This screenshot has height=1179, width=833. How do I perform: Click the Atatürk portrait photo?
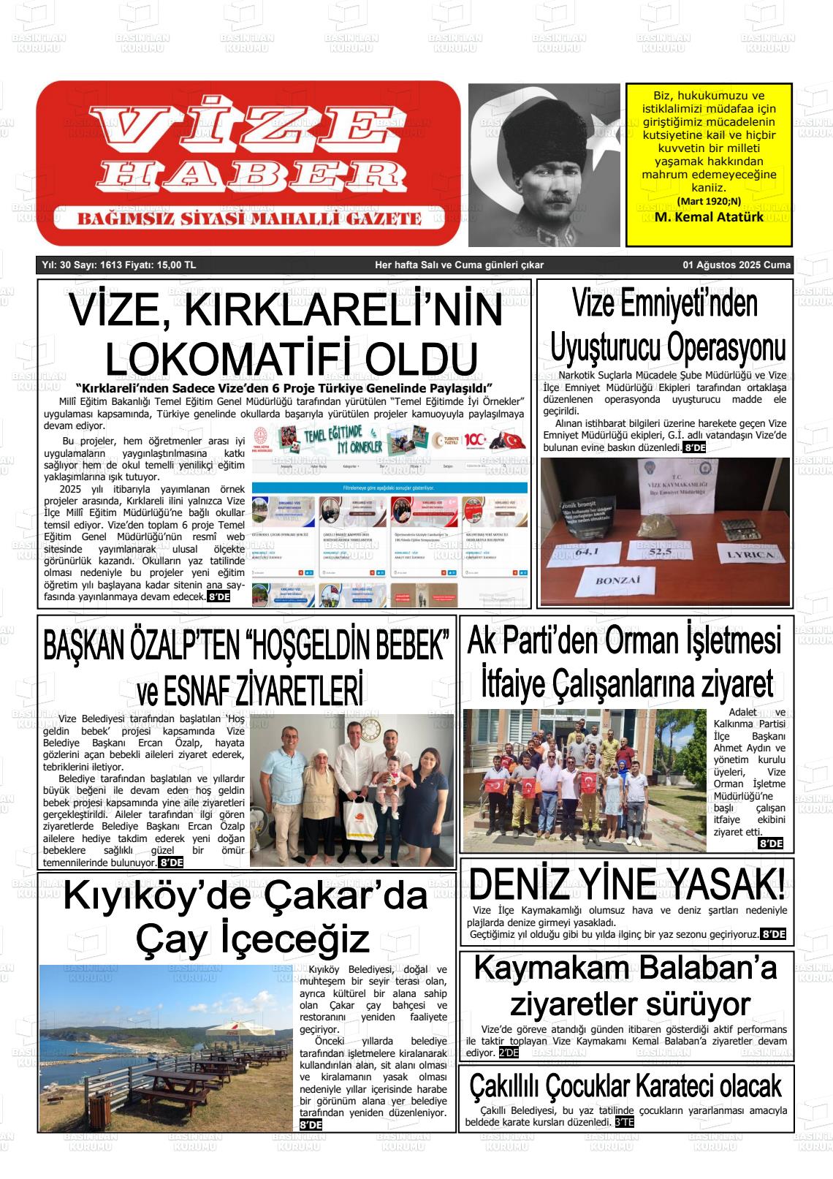click(544, 164)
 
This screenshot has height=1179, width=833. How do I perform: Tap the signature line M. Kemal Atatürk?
click(709, 217)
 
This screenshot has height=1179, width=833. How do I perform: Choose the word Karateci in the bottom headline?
click(669, 1085)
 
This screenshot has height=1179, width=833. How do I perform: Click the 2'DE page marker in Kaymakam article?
click(508, 1053)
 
